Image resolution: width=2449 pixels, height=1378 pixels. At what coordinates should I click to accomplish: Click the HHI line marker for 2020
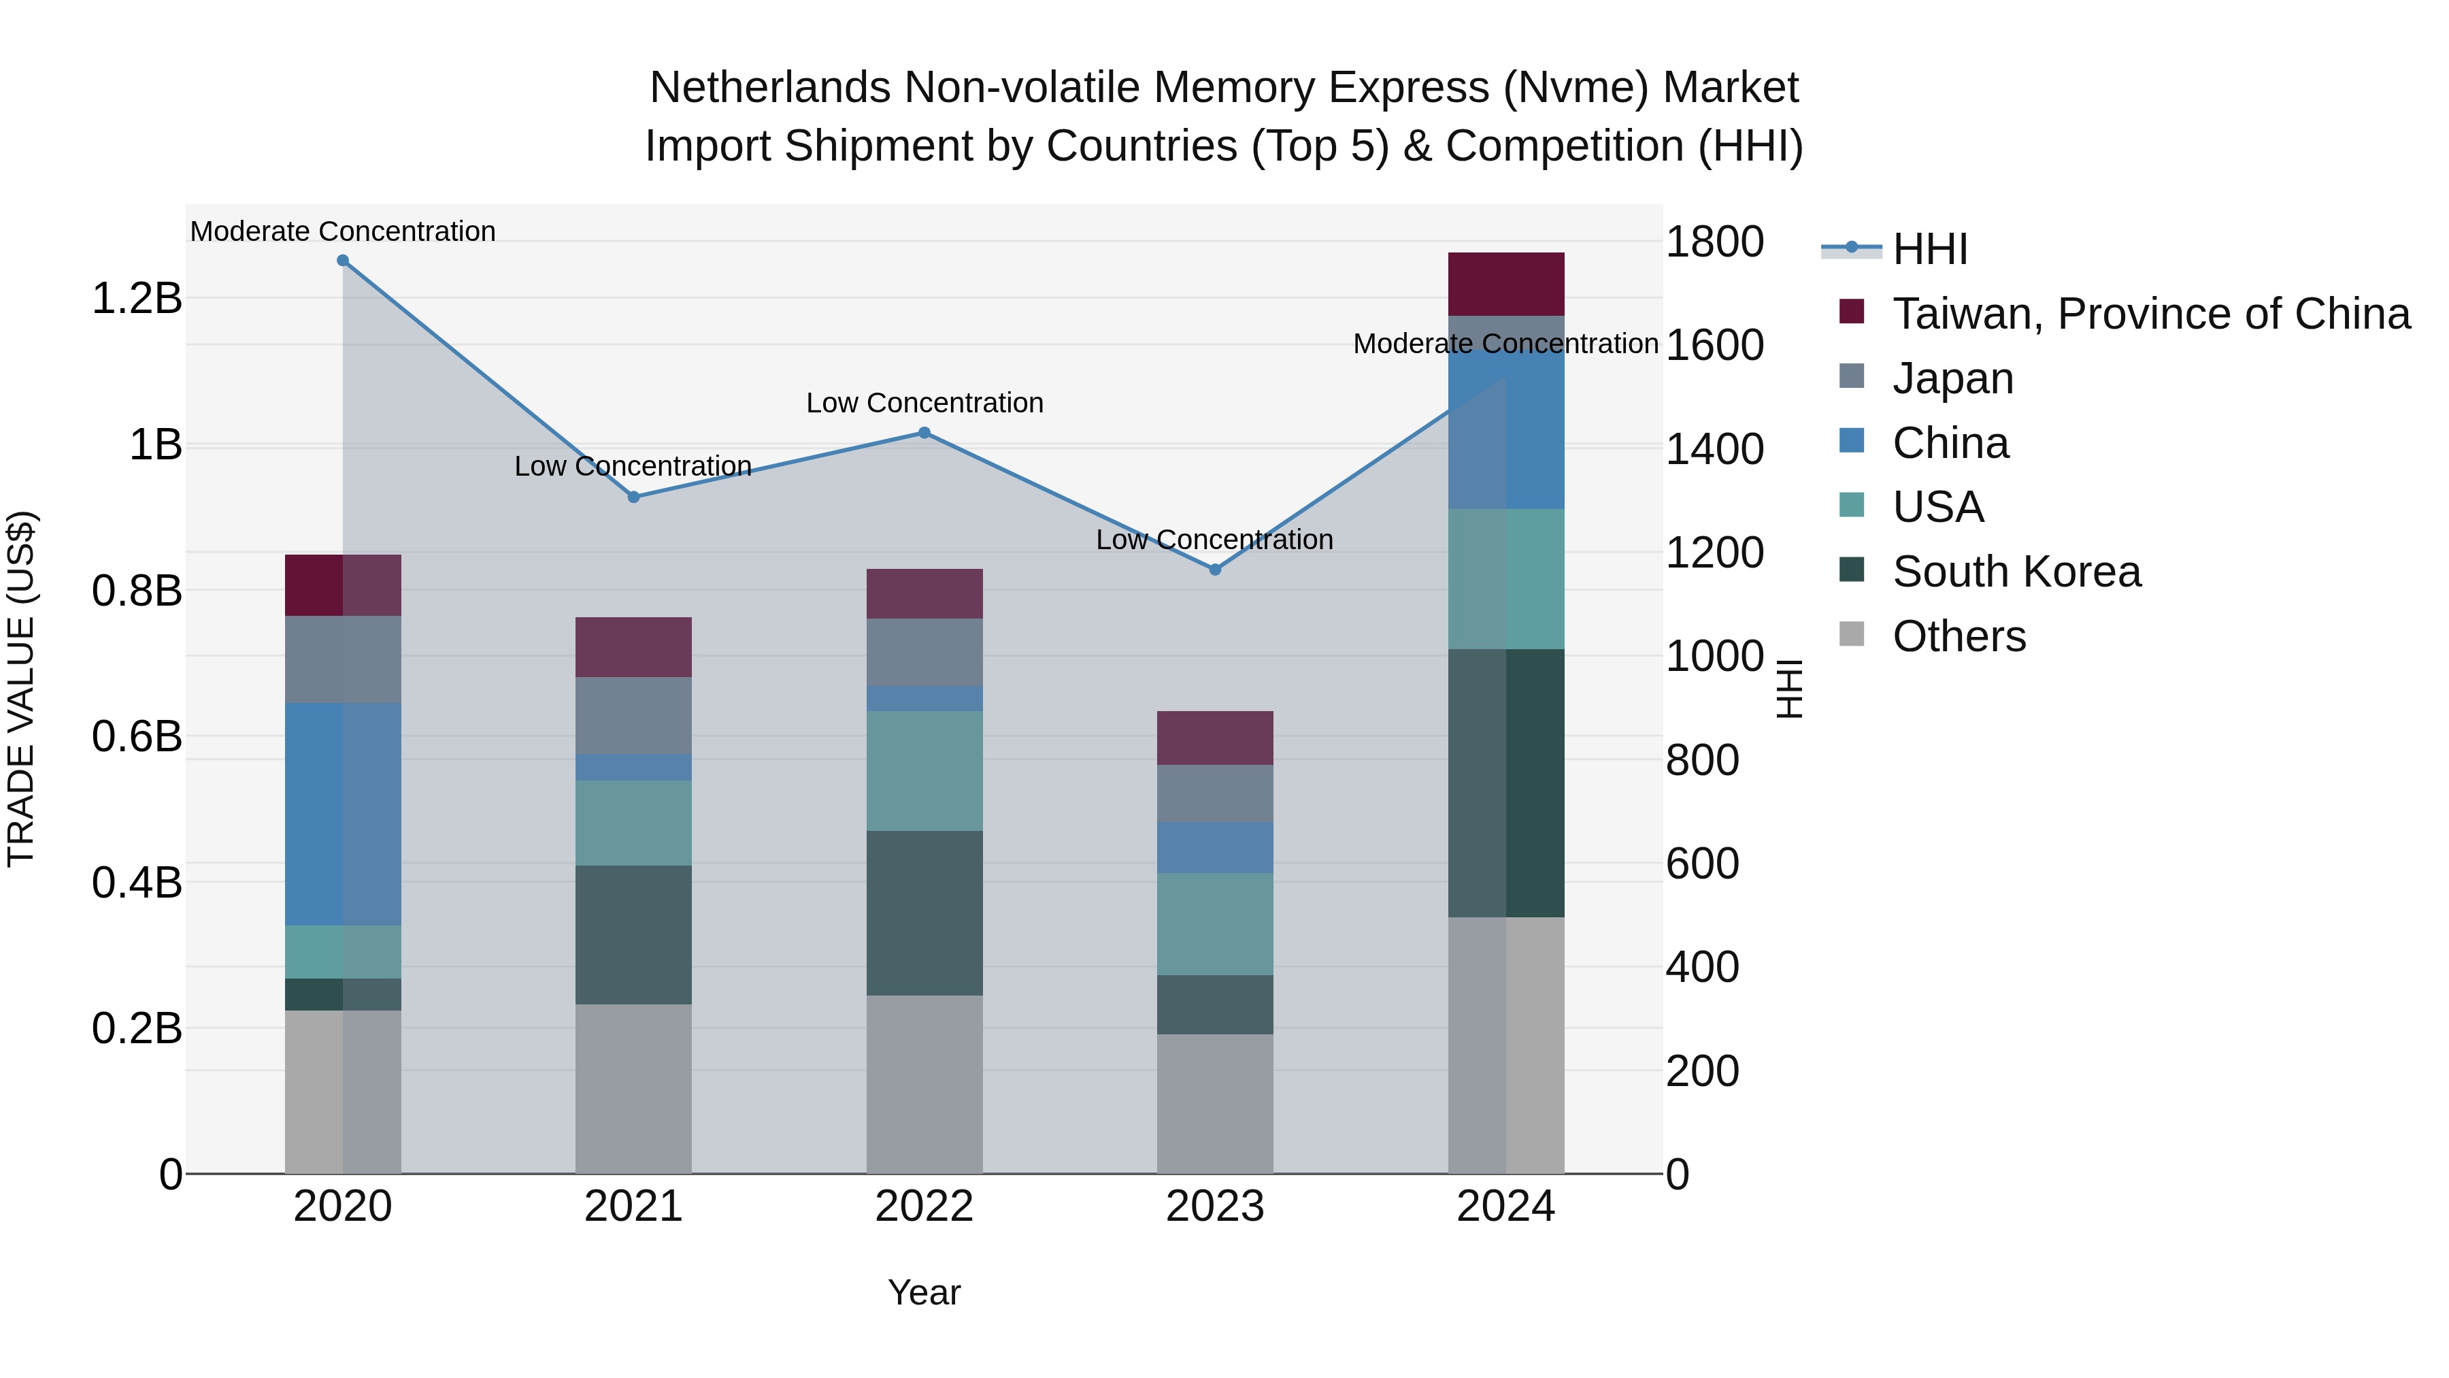(344, 261)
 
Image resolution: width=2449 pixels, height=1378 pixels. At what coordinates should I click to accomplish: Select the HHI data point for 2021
(634, 497)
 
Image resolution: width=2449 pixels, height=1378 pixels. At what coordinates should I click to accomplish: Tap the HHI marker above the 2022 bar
(924, 433)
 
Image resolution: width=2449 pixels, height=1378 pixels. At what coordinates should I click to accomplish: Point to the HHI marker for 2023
(1215, 570)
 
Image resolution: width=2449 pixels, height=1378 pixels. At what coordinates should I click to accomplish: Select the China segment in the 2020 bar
(344, 814)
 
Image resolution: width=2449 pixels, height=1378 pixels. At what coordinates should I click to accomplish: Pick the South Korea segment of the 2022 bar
(924, 913)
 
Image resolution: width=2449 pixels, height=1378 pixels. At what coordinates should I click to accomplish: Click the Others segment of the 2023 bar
(1215, 1103)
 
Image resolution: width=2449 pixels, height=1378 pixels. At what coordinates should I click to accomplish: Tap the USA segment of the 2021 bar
(634, 823)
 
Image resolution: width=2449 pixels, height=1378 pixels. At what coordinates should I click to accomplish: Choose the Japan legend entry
(1952, 378)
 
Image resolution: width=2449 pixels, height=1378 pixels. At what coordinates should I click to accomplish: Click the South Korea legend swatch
(1852, 571)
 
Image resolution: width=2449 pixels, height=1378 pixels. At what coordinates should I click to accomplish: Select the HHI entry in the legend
(1930, 249)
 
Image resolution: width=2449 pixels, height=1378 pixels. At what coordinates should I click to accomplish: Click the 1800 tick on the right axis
(1714, 242)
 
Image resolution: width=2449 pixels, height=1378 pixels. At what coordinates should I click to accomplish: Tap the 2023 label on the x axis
(1215, 1207)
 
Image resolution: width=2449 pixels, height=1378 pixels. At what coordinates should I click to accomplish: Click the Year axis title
(924, 1292)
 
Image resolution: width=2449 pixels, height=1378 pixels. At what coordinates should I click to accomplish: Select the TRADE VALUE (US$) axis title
(21, 689)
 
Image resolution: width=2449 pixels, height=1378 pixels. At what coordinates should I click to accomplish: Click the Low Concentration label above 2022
(924, 404)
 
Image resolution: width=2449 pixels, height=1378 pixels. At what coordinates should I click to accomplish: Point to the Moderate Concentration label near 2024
(1506, 344)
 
